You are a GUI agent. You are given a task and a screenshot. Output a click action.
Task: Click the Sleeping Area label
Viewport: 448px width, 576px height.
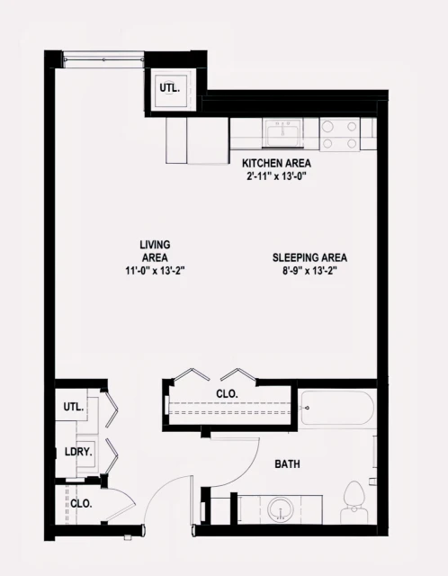tap(309, 257)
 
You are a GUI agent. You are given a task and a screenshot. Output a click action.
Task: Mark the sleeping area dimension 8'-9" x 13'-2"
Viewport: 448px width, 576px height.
tap(309, 270)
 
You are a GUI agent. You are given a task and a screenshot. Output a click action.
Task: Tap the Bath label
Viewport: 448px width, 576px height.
tap(288, 464)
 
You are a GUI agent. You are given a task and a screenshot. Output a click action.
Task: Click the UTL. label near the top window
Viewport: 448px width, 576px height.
tap(169, 88)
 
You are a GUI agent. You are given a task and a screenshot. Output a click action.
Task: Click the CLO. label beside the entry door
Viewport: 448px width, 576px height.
tap(81, 504)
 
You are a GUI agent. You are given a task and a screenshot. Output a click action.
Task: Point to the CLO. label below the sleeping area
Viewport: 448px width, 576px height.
tap(227, 393)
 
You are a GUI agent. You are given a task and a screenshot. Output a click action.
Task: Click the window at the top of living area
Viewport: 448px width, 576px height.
tap(103, 59)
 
